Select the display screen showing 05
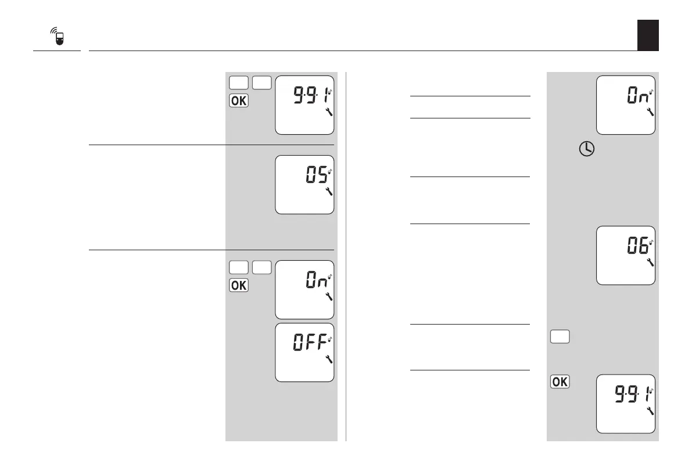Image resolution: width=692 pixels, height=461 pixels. coord(304,185)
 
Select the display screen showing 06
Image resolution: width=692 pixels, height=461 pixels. coord(626,254)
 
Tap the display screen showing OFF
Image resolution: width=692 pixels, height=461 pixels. coord(304,352)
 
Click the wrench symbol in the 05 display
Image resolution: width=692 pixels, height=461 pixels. coord(329,190)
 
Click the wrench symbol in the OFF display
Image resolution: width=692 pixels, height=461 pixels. coord(329,359)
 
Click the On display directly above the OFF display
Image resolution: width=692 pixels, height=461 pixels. coord(304,290)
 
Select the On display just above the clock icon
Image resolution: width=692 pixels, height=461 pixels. coord(626,105)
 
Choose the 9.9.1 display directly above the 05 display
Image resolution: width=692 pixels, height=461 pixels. coord(304,105)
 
